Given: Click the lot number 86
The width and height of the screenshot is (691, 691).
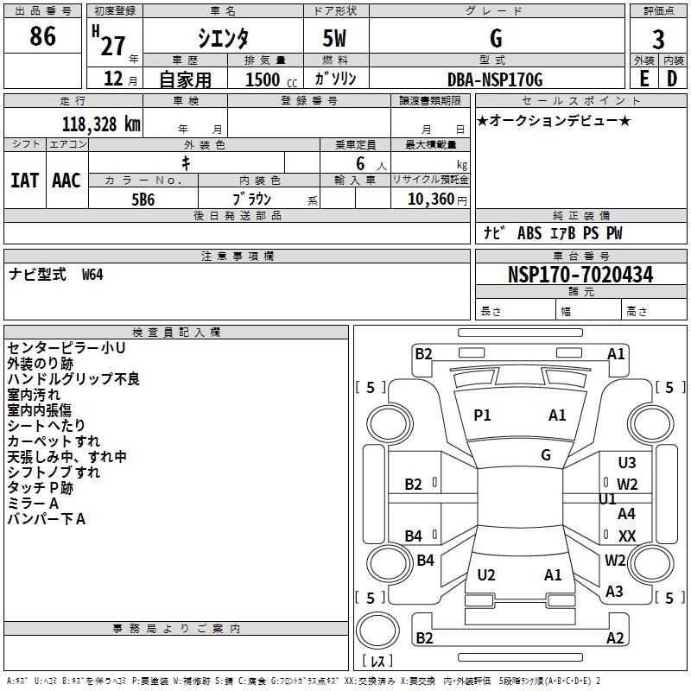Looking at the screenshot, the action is pyautogui.click(x=42, y=37).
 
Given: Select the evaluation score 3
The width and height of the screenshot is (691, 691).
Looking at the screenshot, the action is pyautogui.click(x=658, y=39).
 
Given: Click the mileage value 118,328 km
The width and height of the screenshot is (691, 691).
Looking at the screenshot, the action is pyautogui.click(x=100, y=124).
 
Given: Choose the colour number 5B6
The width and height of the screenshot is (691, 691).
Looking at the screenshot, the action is pyautogui.click(x=143, y=199).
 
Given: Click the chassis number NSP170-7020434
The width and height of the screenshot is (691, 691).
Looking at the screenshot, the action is pyautogui.click(x=580, y=275).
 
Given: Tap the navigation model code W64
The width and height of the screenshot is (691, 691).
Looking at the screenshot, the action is pyautogui.click(x=92, y=275).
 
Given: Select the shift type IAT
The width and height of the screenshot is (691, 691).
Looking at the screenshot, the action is pyautogui.click(x=24, y=181).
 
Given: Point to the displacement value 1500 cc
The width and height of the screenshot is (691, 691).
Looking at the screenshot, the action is pyautogui.click(x=268, y=79).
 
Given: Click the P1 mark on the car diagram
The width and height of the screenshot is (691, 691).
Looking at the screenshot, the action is pyautogui.click(x=482, y=415).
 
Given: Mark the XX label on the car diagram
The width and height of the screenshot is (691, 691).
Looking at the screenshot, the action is pyautogui.click(x=627, y=536).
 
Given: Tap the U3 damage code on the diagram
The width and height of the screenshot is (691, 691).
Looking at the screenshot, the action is pyautogui.click(x=627, y=463).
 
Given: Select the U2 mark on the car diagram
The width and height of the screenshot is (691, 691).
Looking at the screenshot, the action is pyautogui.click(x=486, y=574).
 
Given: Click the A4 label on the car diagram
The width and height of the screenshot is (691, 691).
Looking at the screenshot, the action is pyautogui.click(x=627, y=514).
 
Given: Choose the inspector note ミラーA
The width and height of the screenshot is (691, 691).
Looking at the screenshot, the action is pyautogui.click(x=33, y=504).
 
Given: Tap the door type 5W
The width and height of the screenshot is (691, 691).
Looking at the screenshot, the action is pyautogui.click(x=336, y=39).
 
